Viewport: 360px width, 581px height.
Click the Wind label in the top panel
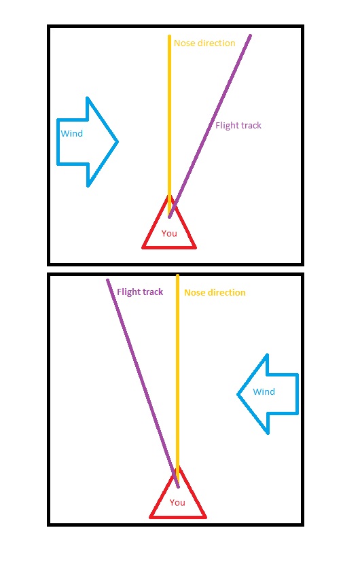coord(72,133)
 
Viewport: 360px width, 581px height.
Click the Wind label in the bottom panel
coord(264,391)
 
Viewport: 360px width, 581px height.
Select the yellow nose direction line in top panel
coord(170,125)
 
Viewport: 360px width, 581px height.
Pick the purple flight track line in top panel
coord(210,126)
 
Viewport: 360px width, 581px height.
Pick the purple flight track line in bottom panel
coord(143,383)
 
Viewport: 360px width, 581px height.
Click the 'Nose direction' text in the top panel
coord(204,43)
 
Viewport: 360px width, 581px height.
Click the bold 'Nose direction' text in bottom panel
coord(215,293)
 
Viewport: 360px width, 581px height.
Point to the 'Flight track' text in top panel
coord(238,126)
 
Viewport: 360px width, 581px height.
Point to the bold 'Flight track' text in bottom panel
coord(140,292)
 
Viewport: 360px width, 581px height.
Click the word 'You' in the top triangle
coord(169,234)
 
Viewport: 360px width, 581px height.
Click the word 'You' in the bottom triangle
coord(177,502)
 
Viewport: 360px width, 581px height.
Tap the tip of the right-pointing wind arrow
coord(118,141)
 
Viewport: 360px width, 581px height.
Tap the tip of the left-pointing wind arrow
coord(237,394)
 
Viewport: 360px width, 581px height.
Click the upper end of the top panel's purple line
coord(251,35)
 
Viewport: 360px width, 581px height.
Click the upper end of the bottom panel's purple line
coord(107,280)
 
